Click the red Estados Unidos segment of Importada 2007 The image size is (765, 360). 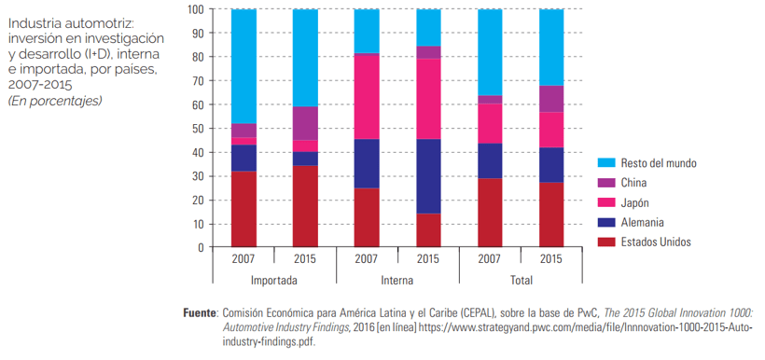coord(243,209)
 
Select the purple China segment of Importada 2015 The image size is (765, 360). coord(305,123)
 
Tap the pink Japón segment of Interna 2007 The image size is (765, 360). coord(367,96)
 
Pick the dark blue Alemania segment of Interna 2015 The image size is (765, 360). coord(428,176)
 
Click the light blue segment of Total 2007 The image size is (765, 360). coord(491,52)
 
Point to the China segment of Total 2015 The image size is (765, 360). coord(551,99)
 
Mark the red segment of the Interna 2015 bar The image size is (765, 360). coord(428,230)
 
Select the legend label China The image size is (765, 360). coord(633,183)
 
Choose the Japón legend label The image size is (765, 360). coord(635,203)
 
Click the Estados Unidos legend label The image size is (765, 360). coord(656,242)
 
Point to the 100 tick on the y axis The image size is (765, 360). coord(196,9)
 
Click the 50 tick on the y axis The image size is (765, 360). coord(198,129)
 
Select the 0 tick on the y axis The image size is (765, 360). coord(201,247)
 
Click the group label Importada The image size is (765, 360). coord(274,281)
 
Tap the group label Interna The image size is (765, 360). coord(397,281)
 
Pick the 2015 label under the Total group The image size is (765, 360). coord(551,258)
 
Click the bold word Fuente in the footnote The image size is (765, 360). coord(200,312)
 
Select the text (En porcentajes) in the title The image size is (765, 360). coord(55,102)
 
